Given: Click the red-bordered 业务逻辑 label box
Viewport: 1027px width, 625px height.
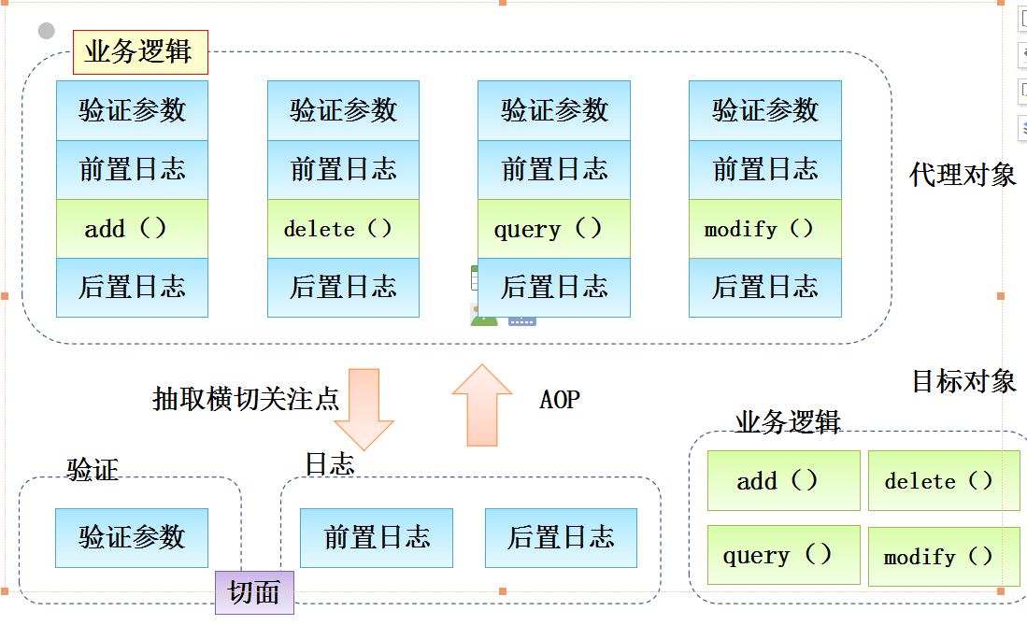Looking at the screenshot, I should (140, 52).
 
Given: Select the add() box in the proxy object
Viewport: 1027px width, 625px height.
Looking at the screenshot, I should (132, 229).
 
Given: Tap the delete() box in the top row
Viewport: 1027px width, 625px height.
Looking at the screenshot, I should (343, 229).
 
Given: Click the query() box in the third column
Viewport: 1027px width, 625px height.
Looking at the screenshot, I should (553, 229).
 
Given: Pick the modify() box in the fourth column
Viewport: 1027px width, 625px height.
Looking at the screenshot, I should (764, 229).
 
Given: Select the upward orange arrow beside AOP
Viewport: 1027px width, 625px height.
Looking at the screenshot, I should (482, 405).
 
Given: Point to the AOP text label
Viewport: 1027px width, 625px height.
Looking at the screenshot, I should (560, 400).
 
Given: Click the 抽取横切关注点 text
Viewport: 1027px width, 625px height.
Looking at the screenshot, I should (245, 399).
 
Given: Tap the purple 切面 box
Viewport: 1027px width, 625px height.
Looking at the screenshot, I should (254, 592).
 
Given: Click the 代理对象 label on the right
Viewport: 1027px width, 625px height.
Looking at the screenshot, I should (962, 175).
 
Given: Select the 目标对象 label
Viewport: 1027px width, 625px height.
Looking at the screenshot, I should (963, 381).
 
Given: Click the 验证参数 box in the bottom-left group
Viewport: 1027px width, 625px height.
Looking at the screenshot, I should (132, 538).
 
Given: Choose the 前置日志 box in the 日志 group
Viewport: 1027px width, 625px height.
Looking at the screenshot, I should (376, 538).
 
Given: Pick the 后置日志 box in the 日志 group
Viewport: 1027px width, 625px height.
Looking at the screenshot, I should (561, 538).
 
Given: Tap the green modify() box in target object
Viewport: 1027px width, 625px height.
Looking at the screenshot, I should (943, 557).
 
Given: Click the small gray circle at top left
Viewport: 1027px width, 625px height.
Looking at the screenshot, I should (47, 32).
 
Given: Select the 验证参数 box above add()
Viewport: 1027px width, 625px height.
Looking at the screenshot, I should (132, 110).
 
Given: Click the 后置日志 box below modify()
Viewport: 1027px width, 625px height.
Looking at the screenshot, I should (764, 288).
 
